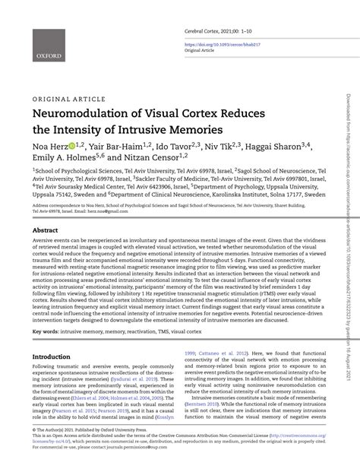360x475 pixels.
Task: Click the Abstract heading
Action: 45,230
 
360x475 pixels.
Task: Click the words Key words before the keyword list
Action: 45,332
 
